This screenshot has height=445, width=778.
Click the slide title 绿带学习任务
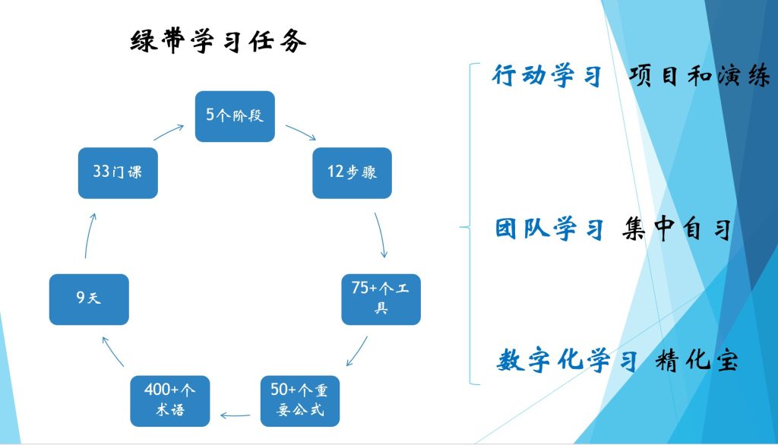coord(219,41)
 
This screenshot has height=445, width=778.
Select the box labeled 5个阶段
coord(234,116)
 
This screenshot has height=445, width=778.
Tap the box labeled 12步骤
coord(352,172)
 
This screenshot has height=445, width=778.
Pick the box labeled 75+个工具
coord(381,298)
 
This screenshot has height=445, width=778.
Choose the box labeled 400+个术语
coord(170,400)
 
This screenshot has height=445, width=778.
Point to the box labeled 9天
coord(89,299)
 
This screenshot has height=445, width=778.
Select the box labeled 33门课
coord(118,172)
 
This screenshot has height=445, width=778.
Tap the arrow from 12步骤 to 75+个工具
coord(382,235)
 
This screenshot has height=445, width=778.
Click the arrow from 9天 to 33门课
coord(88,235)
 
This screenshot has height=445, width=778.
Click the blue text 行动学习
coord(547,76)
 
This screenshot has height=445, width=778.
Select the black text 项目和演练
coord(699,76)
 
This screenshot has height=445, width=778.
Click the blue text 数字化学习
coord(567,361)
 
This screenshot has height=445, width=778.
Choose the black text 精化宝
coord(696,361)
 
